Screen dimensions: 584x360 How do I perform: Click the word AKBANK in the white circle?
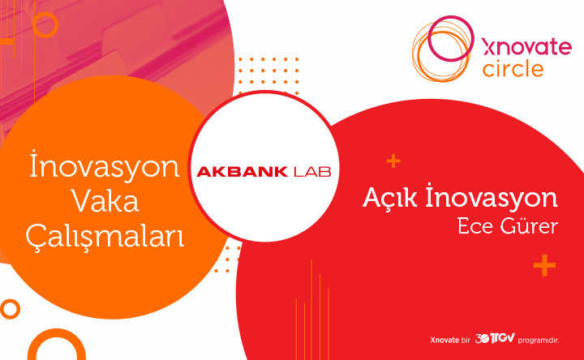click(x=242, y=172)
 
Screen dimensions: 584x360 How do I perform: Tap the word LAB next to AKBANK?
click(x=312, y=172)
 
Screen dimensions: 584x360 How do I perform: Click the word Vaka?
click(x=105, y=201)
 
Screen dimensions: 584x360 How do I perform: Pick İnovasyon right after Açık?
click(x=492, y=197)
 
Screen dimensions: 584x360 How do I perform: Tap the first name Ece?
click(x=474, y=226)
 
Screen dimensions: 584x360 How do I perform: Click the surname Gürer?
click(x=529, y=225)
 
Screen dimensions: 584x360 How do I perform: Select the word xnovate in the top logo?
click(x=526, y=48)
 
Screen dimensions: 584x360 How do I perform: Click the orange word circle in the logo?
click(x=513, y=69)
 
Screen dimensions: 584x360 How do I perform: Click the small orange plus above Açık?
click(x=393, y=161)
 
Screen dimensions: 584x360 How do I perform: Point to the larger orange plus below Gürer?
click(x=544, y=265)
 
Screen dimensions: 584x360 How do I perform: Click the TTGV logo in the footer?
click(x=495, y=339)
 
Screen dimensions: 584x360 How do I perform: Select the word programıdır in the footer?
click(x=539, y=341)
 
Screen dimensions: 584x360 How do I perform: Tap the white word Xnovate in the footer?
click(x=444, y=340)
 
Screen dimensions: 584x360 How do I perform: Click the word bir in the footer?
click(x=466, y=340)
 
